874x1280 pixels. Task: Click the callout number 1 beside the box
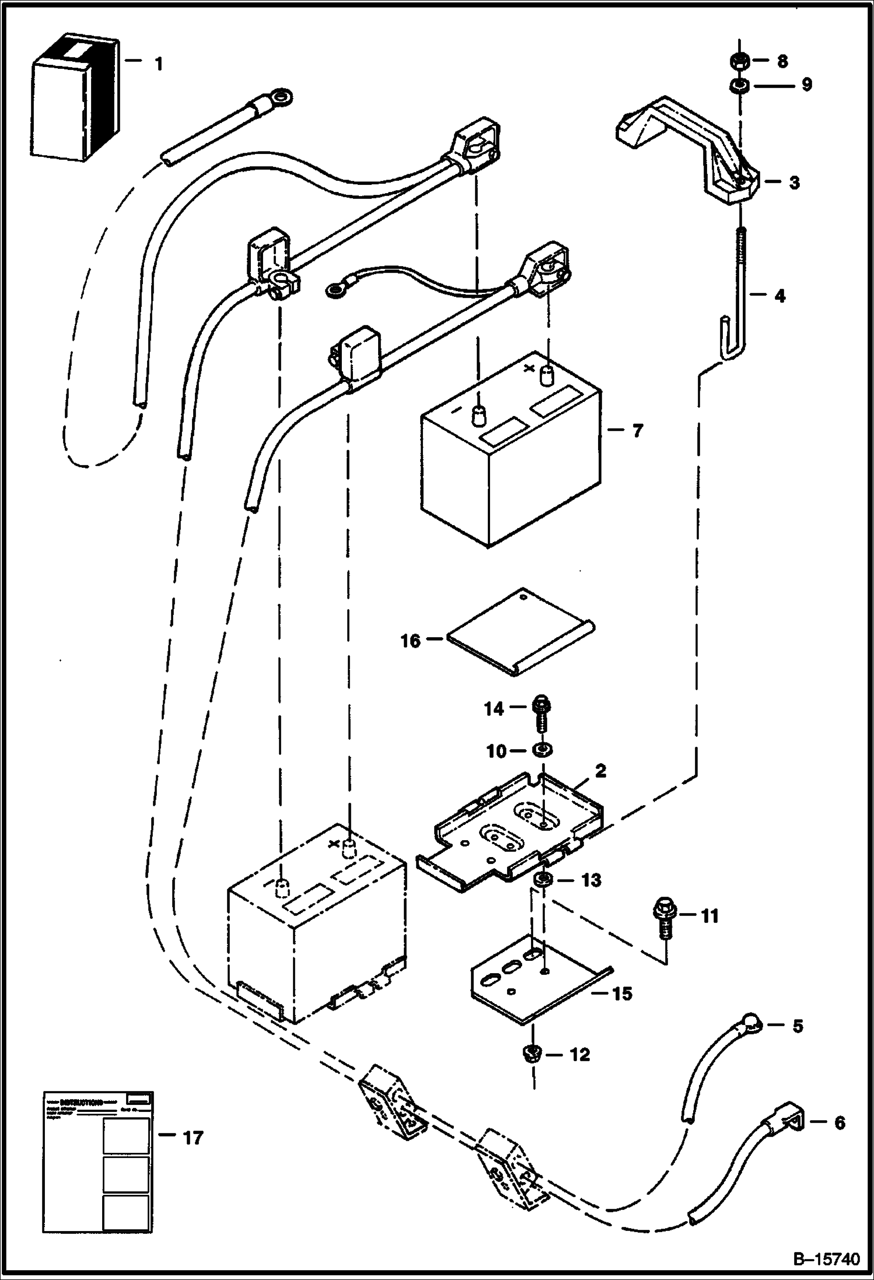(x=158, y=64)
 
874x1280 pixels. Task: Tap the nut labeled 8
(x=739, y=61)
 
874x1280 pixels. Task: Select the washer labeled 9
(x=739, y=86)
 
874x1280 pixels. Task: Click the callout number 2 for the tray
(x=600, y=771)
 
